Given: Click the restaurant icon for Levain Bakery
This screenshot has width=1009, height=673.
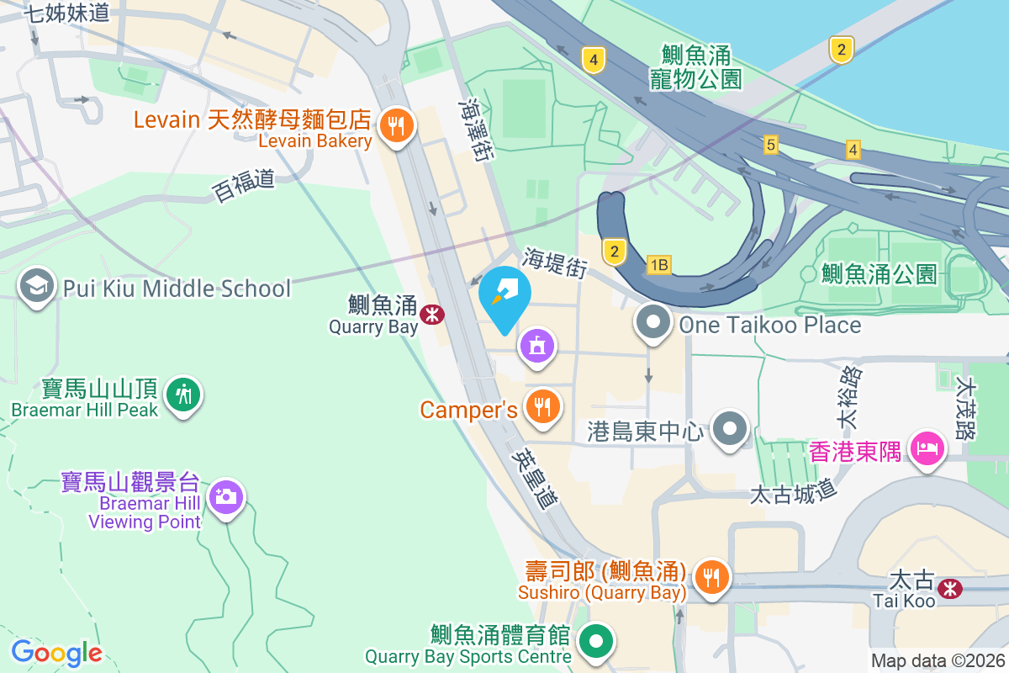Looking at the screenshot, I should tap(394, 127).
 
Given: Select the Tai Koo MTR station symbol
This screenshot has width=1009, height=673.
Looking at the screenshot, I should tap(951, 588).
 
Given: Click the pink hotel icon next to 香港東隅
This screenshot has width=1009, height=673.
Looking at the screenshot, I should tap(927, 448).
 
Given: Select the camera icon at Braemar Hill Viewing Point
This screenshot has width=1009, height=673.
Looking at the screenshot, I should tap(225, 496).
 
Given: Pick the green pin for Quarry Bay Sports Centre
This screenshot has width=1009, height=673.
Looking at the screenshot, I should tap(596, 642).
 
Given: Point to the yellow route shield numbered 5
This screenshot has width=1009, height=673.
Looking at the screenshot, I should tap(770, 146).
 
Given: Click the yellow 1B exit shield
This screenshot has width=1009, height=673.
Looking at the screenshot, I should tap(659, 266).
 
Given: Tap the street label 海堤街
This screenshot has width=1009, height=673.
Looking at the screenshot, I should tap(554, 262).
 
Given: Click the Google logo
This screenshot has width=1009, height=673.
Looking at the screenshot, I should tap(57, 653).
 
